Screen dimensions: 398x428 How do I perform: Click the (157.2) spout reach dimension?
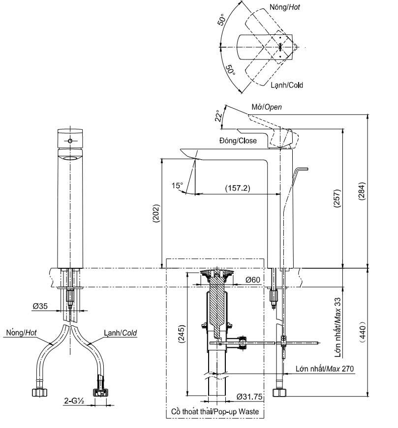238,188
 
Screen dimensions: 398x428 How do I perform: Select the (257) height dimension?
337,199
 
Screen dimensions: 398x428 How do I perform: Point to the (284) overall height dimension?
362,191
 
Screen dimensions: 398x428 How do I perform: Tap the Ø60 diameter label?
253,280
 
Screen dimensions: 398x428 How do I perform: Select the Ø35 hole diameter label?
40,306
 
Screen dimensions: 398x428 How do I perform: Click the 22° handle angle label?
218,115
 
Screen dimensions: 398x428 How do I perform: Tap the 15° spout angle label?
177,186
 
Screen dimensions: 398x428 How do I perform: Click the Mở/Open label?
267,107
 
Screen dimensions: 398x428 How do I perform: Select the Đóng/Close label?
238,141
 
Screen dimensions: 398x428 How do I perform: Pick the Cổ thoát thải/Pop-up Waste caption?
215,411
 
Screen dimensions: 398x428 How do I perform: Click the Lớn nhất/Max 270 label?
325,369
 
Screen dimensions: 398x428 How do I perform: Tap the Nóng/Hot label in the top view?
285,7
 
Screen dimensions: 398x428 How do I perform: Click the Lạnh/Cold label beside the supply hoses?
120,333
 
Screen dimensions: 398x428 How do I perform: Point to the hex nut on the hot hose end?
40,392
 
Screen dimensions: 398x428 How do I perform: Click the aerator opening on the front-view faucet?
70,158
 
